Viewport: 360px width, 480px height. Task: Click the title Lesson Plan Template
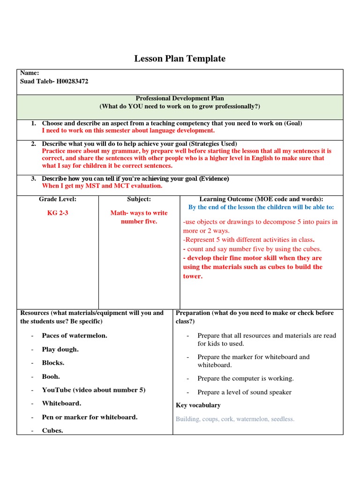pos(180,59)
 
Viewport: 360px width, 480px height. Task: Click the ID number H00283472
pos(69,82)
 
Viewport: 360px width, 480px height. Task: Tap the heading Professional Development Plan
pos(180,98)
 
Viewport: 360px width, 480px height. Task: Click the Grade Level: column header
pos(57,199)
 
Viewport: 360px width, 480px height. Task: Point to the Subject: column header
pos(139,199)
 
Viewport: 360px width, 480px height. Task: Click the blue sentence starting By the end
pos(261,207)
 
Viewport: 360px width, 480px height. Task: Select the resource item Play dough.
pos(60,349)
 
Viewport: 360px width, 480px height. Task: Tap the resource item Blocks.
pos(53,363)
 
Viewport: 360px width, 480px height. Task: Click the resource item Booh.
pos(51,376)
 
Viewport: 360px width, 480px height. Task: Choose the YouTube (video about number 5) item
pos(93,390)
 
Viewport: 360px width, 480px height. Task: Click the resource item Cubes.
pos(52,431)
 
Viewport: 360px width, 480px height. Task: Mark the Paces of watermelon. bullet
pos(74,336)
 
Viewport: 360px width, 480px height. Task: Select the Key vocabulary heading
pos(198,405)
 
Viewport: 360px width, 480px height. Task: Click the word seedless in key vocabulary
pos(280,419)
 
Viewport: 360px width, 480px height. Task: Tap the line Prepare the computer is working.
pos(245,378)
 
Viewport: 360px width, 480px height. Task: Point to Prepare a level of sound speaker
pos(244,392)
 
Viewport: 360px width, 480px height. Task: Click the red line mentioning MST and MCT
pos(102,186)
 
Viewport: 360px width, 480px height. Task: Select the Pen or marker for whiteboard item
pos(90,417)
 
